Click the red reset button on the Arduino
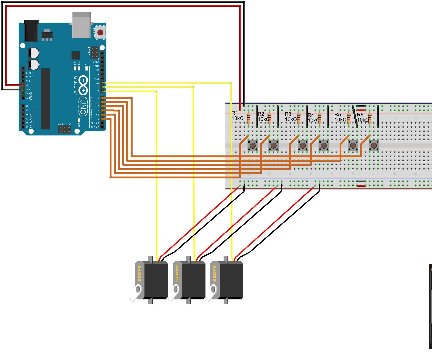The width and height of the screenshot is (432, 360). pos(100,33)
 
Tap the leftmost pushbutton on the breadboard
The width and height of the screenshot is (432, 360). pos(253,145)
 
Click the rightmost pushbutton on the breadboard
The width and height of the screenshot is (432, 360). pos(374,145)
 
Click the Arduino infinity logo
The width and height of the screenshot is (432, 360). pos(83,85)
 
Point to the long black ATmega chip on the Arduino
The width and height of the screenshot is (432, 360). pos(46,99)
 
